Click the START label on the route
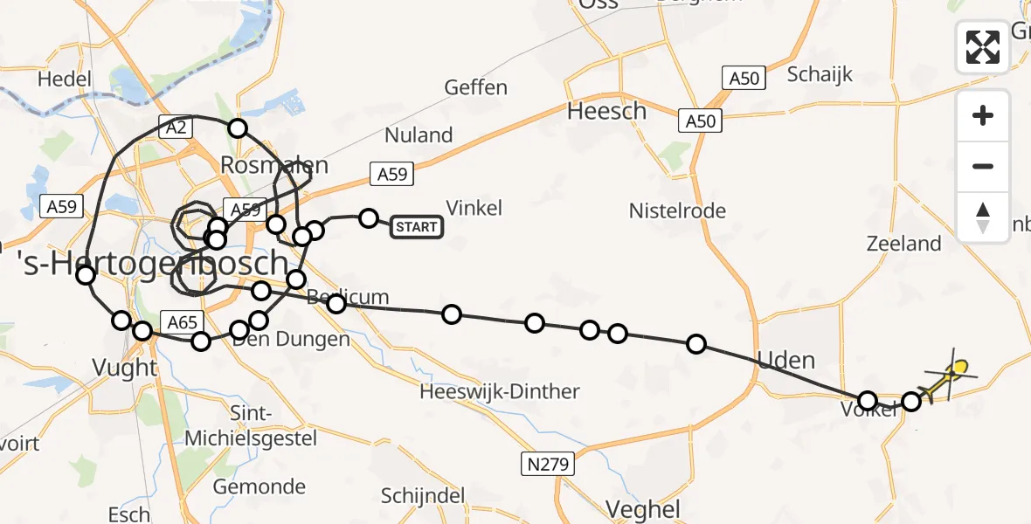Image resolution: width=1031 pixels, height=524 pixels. (x=416, y=228)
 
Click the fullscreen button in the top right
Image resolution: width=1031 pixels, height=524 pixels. (x=983, y=46)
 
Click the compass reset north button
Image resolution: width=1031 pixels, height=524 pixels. (x=983, y=217)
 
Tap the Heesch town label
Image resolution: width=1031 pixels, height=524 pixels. (x=607, y=111)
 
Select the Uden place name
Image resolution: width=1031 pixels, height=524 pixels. (x=786, y=360)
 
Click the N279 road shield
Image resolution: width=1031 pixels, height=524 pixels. (x=550, y=465)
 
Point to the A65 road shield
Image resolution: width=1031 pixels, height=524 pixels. (x=182, y=323)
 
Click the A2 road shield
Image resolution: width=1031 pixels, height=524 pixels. (x=176, y=128)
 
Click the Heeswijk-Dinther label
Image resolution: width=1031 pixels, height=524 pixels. (x=499, y=391)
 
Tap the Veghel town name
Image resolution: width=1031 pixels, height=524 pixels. (x=643, y=509)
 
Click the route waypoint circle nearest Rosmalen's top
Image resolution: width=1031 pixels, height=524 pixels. (x=238, y=129)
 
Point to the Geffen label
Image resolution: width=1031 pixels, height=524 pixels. (x=475, y=87)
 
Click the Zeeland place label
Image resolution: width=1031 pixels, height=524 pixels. (x=903, y=244)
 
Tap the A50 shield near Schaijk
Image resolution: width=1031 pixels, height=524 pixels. (x=744, y=79)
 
